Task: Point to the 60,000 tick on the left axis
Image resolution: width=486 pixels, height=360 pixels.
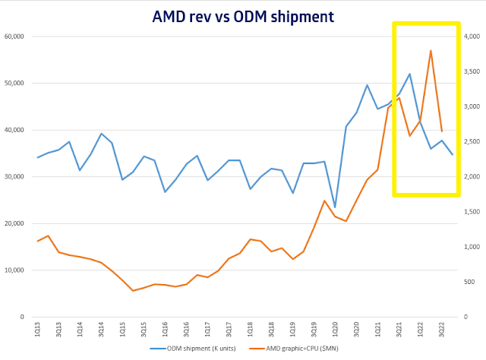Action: click(x=15, y=36)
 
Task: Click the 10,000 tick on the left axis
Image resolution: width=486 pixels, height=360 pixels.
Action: click(x=15, y=270)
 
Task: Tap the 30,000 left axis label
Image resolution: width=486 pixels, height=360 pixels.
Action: click(x=15, y=177)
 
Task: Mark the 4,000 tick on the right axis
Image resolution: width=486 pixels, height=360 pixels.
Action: click(x=472, y=36)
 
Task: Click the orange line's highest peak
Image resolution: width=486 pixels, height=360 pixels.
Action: click(x=431, y=51)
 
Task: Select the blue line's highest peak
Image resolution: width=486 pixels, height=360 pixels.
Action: click(x=410, y=74)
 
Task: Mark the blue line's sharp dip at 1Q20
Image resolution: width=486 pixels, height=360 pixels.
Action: click(x=335, y=207)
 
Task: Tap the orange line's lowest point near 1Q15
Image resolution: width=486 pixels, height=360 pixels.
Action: click(x=133, y=291)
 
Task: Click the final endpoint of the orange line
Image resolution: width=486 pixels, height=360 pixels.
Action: click(x=442, y=131)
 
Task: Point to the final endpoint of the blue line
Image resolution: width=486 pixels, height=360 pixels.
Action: click(x=453, y=154)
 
